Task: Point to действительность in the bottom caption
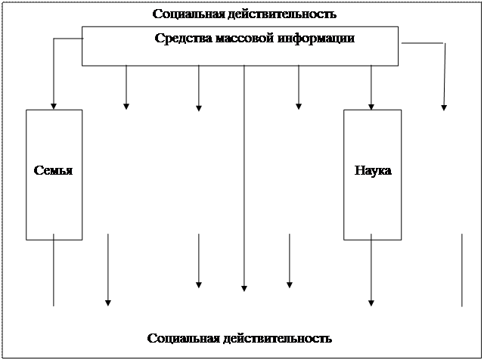pyautogui.click(x=272, y=337)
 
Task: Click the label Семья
pyautogui.click(x=53, y=170)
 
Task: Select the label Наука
pyautogui.click(x=373, y=170)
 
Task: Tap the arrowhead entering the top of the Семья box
pyautogui.click(x=54, y=106)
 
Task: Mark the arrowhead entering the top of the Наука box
pyautogui.click(x=371, y=106)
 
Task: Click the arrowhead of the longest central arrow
pyautogui.click(x=244, y=288)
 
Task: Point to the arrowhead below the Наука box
pyautogui.click(x=371, y=303)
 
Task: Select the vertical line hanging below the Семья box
pyautogui.click(x=54, y=272)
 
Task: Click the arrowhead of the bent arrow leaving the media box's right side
pyautogui.click(x=444, y=107)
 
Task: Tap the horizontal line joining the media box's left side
pyautogui.click(x=67, y=39)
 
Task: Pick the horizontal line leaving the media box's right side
pyautogui.click(x=421, y=43)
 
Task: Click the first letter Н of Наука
pyautogui.click(x=359, y=170)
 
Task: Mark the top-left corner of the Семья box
pyautogui.click(x=26, y=110)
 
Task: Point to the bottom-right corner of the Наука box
pyautogui.click(x=401, y=239)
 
